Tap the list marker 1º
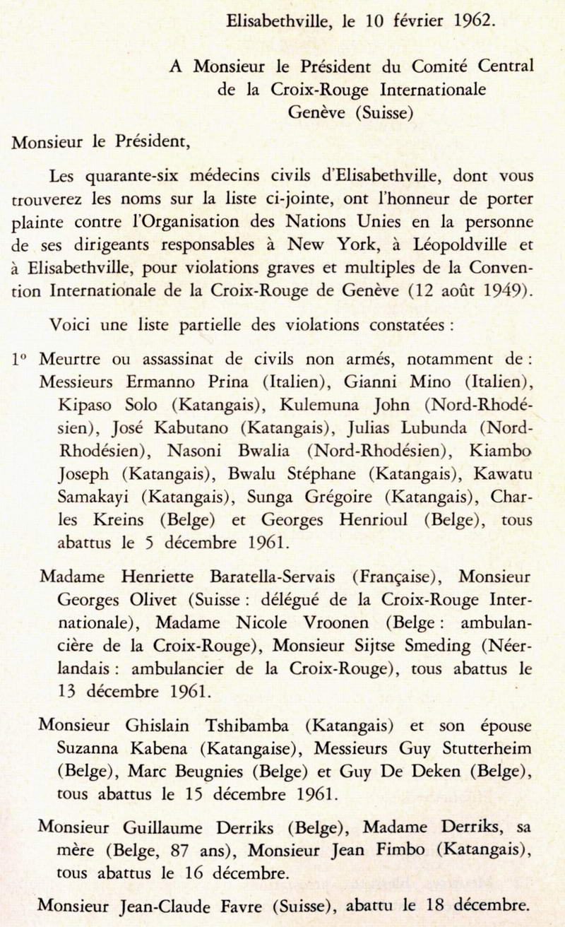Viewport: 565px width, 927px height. [x=19, y=359]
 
